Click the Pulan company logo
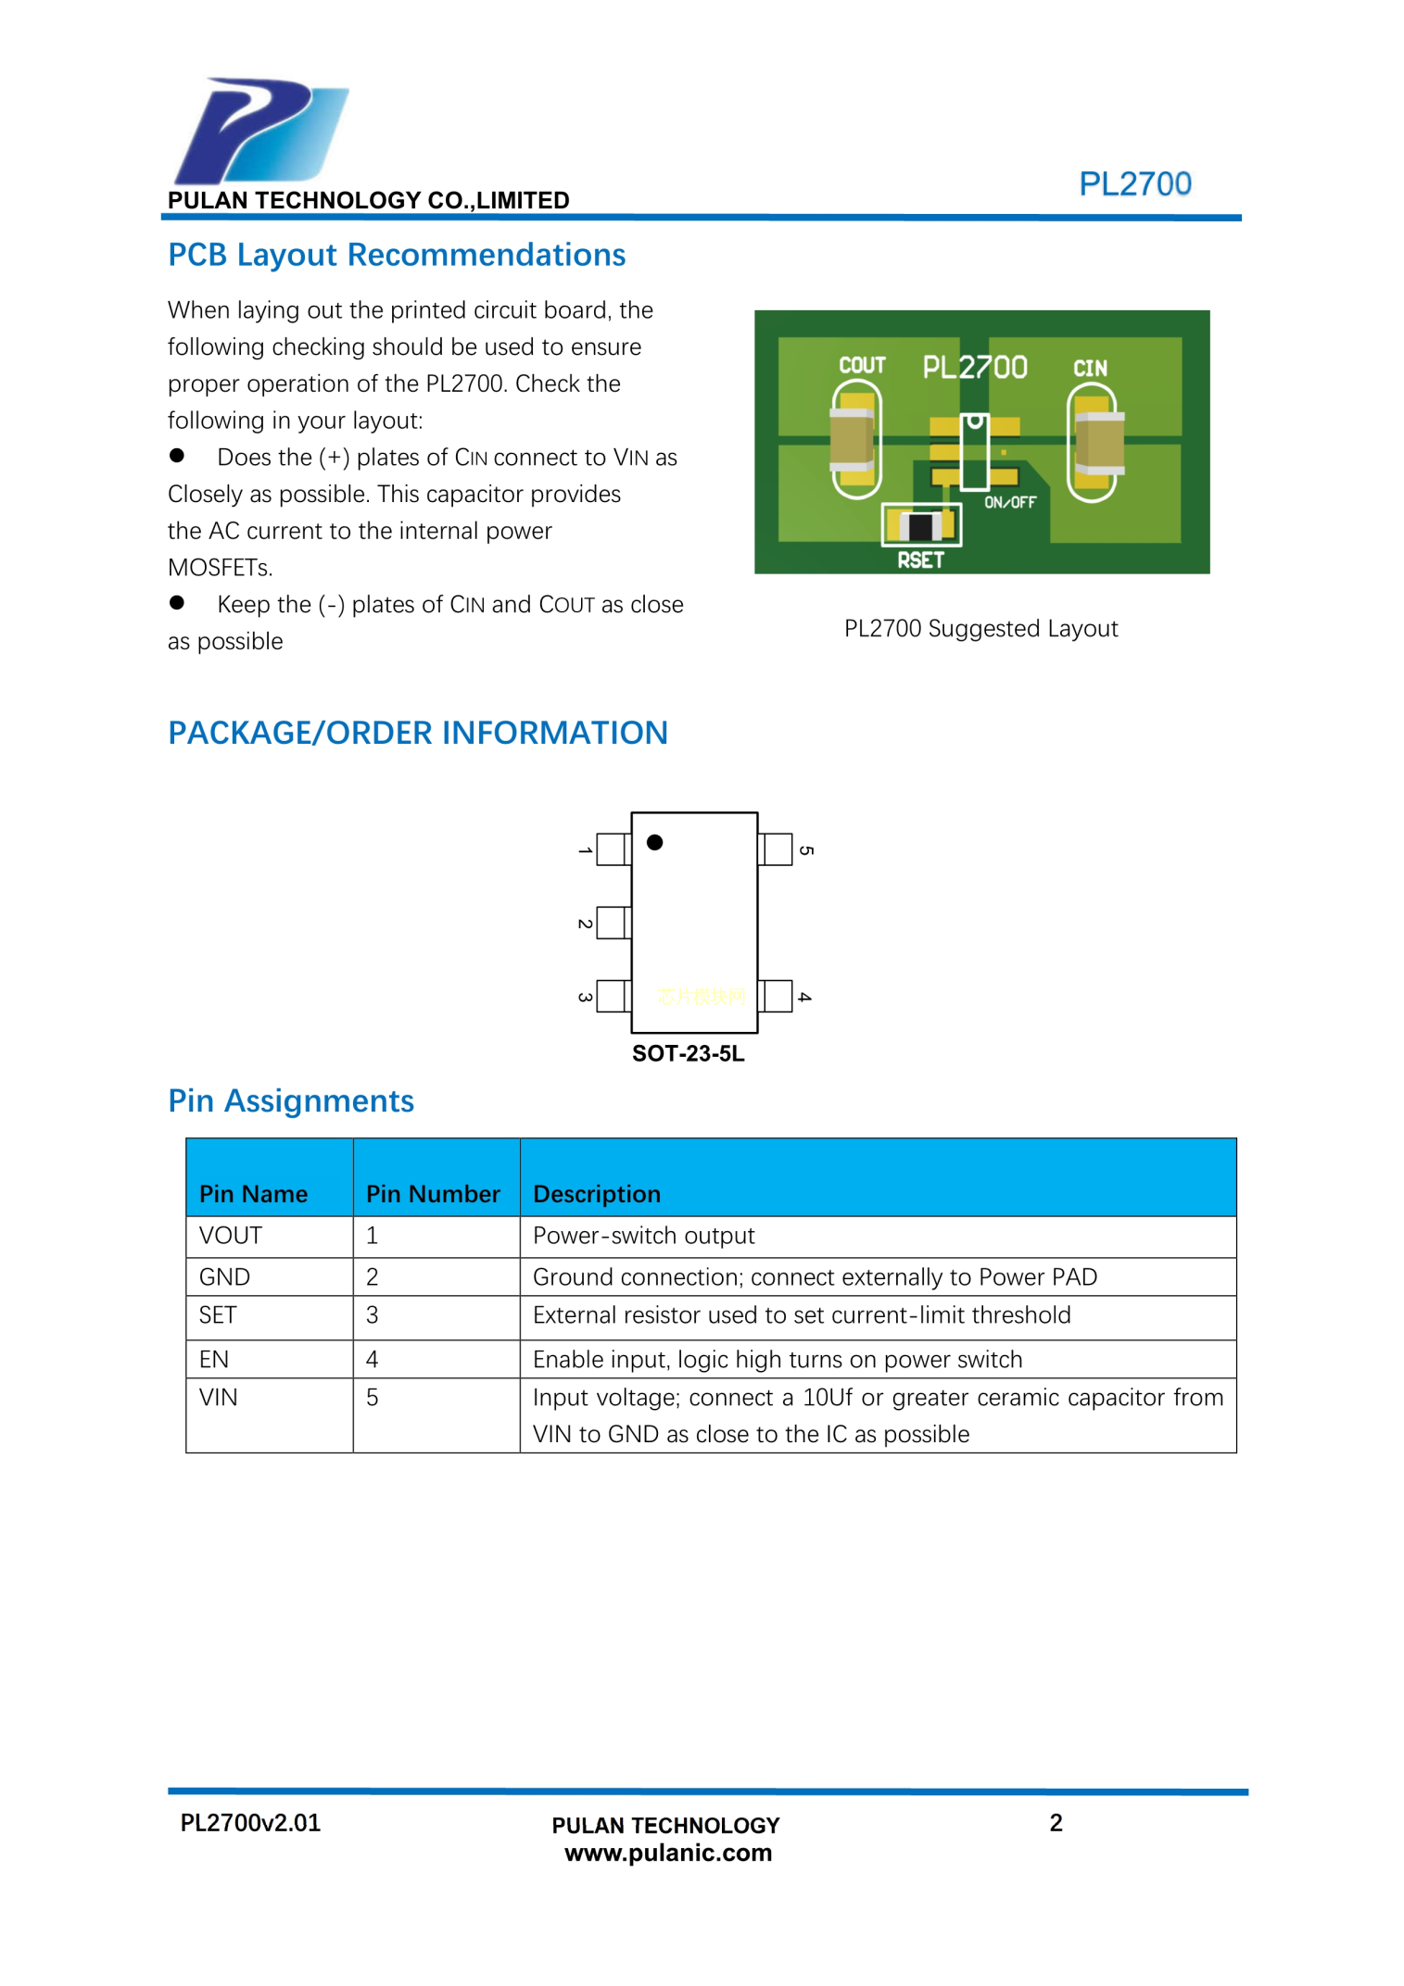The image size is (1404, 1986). coord(260,131)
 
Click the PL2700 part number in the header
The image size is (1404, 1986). coord(1134,183)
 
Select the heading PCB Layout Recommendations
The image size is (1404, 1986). coord(396,255)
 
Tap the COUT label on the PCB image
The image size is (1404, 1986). coord(862,365)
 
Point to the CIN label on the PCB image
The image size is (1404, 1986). coord(1090,368)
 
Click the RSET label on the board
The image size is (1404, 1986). coord(919,559)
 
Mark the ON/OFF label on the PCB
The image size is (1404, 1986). coord(1009,502)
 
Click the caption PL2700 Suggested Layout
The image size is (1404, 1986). coord(980,628)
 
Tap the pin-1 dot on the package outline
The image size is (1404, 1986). coord(654,842)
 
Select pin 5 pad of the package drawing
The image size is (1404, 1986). coord(776,849)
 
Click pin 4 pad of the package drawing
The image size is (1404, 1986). coord(776,996)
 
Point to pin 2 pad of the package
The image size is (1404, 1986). coord(613,923)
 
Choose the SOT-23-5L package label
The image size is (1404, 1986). coord(688,1053)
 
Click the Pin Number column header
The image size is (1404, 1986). coord(433,1193)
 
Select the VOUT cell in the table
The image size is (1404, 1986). coord(231,1235)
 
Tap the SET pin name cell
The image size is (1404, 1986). coord(218,1314)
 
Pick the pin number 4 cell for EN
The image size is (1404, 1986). coord(373,1359)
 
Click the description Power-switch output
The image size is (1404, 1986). coord(643,1235)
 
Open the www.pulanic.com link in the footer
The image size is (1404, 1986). coord(667,1853)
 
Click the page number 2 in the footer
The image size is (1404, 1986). coord(1055,1823)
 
